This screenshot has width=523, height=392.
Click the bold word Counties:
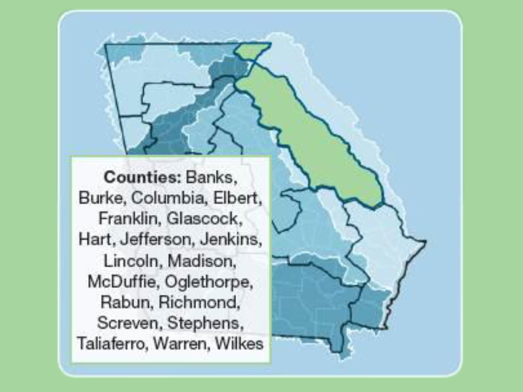click(x=142, y=176)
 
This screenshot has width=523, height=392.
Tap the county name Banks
click(x=211, y=176)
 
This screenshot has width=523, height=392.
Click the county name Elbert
click(x=237, y=197)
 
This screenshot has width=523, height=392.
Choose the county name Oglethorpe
click(x=209, y=281)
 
